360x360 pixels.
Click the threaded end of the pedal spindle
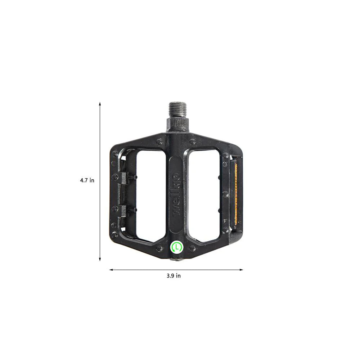(177, 109)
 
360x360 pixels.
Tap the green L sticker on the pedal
(176, 247)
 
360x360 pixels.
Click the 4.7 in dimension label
(87, 180)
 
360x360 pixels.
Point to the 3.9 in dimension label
(174, 276)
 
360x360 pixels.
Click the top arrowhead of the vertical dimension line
(100, 104)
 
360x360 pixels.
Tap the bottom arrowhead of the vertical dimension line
(100, 260)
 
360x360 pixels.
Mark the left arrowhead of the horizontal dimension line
(111, 270)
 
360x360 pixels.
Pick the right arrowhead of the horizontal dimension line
(241, 270)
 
